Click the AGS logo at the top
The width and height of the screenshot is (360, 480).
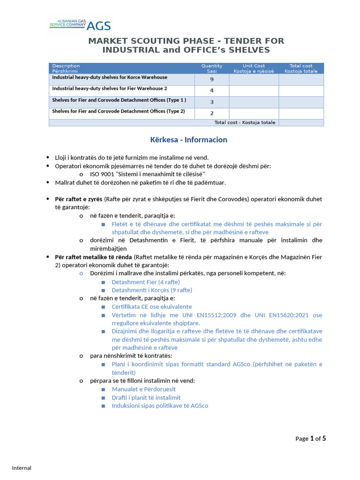point(80,25)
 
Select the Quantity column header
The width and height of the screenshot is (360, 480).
point(212,68)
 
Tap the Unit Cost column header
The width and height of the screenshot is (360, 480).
point(254,68)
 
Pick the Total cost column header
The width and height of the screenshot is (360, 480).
point(301,68)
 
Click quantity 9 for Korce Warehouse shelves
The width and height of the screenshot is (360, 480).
point(212,79)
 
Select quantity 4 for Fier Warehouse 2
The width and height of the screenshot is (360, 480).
point(212,91)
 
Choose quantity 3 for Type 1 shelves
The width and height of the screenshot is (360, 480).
point(212,102)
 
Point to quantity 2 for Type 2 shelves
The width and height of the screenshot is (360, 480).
point(212,113)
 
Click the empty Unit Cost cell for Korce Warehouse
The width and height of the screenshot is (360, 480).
point(254,79)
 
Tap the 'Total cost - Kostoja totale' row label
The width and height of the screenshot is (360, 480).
point(245,123)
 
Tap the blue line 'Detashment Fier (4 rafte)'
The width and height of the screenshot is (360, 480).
point(146,282)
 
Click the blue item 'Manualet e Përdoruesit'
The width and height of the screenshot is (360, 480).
point(143,389)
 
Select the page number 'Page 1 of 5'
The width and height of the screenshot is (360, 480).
point(310,439)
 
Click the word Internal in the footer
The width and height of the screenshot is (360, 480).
point(22,468)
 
